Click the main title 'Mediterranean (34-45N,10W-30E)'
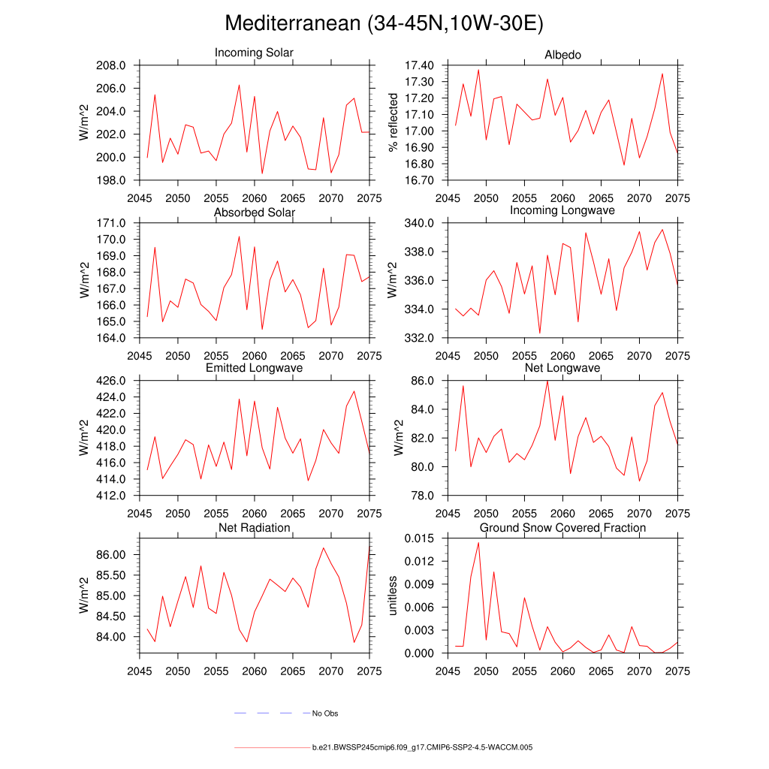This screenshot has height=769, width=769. pos(384,24)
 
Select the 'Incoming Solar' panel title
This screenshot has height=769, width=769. pos(254,53)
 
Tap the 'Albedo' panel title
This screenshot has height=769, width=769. pos(562,55)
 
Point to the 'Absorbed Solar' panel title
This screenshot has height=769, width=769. pos(254,213)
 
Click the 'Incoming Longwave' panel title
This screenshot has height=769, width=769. pos(562,210)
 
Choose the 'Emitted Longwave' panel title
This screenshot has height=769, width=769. pos(254,368)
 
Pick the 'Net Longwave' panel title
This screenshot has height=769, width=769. pos(562,368)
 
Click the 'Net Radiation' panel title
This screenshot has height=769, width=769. pos(254,528)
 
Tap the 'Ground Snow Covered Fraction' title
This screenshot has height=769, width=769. pos(562,528)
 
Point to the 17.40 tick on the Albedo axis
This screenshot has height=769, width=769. pos(419,66)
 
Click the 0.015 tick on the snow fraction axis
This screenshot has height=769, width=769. pos(419,538)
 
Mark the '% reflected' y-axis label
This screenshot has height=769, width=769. pos(392,122)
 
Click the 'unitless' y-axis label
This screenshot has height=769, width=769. pos(392,596)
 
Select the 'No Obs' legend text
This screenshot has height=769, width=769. pos(325,713)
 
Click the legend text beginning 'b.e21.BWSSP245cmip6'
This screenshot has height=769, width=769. pos(422,748)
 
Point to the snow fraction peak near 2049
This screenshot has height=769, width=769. pos(478,542)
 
